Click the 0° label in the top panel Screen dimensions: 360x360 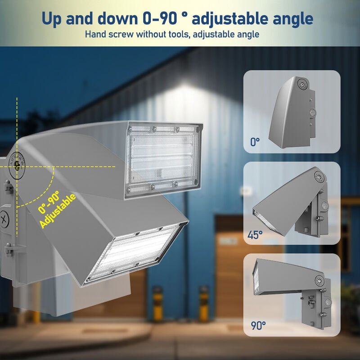point(255,143)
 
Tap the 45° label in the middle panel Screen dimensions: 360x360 point(255,234)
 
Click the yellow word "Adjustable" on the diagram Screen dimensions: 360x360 point(57,211)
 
